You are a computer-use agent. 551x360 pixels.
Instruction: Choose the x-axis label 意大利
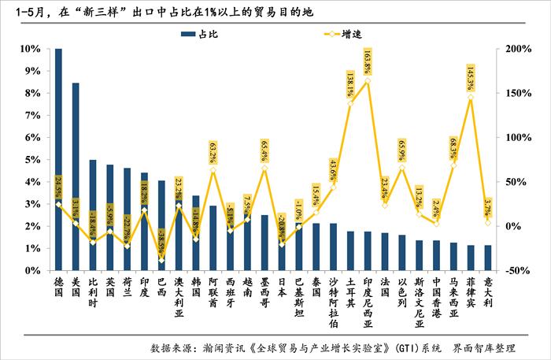(488, 291)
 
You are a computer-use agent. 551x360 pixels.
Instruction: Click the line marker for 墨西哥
(264, 168)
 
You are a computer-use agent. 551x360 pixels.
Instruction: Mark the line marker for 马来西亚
(454, 165)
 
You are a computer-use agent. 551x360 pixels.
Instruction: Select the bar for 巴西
(161, 225)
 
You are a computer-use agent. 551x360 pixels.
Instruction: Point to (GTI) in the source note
(415, 347)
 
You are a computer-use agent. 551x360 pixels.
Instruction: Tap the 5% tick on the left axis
(31, 160)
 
